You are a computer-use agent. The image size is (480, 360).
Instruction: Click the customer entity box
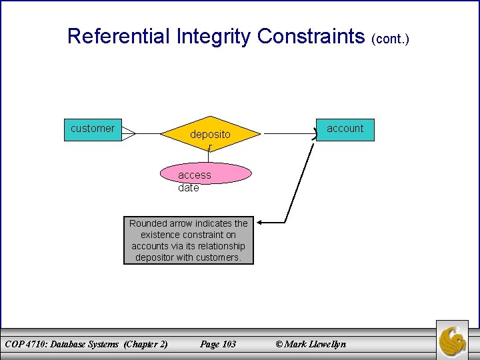tap(93, 129)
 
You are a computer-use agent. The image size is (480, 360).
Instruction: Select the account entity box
tap(345, 129)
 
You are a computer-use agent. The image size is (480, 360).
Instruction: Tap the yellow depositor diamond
tap(209, 135)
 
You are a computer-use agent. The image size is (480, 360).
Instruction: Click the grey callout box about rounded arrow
tap(189, 241)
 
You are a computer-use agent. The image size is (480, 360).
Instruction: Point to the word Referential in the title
tap(119, 36)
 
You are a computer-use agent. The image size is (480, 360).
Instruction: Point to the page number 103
tap(228, 344)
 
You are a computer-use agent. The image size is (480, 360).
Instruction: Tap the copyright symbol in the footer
tap(279, 344)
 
